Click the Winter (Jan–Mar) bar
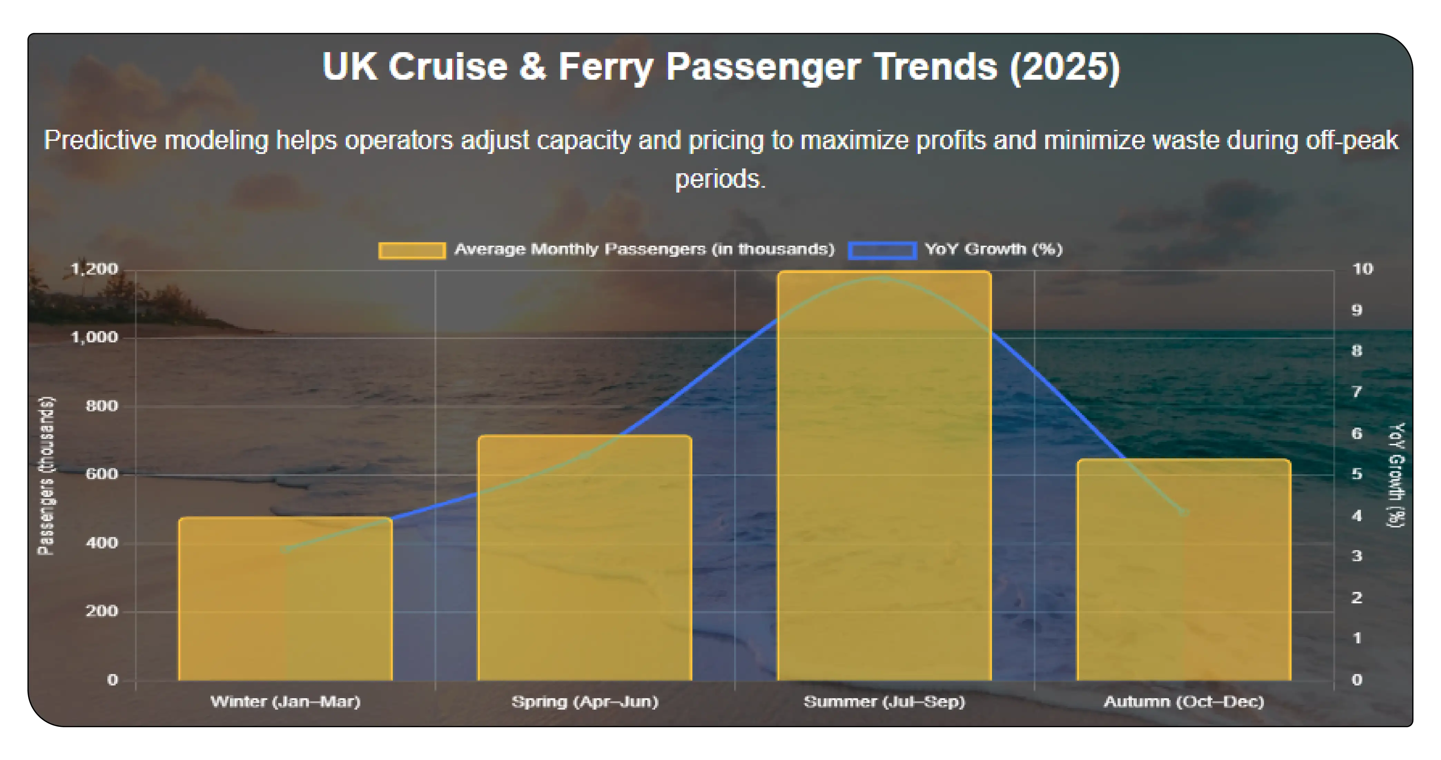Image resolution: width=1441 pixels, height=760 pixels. [285, 598]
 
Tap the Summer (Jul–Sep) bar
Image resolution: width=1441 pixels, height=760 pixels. [884, 475]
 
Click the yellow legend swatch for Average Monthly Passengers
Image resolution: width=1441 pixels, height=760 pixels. [412, 250]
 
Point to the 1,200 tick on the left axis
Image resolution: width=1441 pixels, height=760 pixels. [95, 269]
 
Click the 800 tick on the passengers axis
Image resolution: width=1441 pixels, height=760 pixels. [102, 406]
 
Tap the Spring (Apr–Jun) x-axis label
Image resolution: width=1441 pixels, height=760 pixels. [585, 701]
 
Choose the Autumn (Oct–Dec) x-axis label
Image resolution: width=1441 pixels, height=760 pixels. [1184, 701]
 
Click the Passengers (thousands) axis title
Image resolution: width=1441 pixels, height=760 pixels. [47, 475]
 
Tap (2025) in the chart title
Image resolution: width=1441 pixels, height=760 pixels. [1064, 67]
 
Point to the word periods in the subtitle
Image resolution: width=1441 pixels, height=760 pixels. [720, 179]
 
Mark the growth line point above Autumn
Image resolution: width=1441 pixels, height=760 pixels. [1184, 512]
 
